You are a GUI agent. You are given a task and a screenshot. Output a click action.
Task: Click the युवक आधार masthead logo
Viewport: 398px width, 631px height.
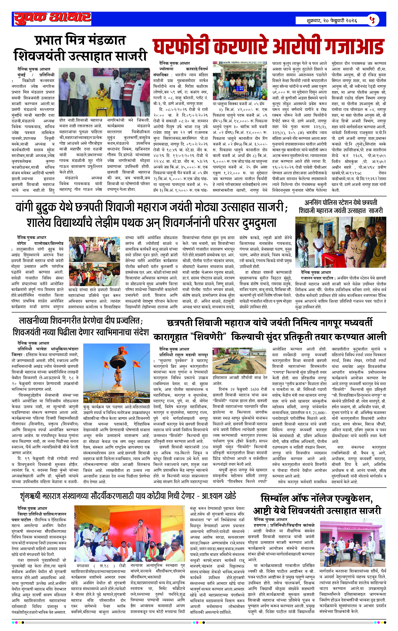(x=53, y=19)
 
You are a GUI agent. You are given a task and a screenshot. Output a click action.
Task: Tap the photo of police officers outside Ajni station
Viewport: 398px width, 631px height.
(x=240, y=81)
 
